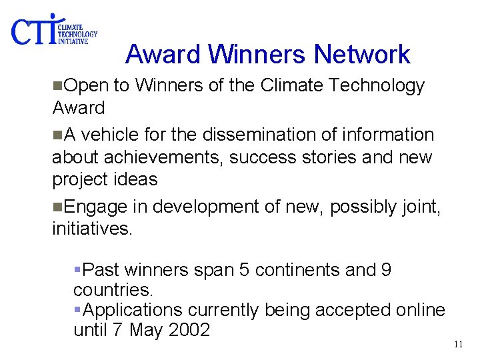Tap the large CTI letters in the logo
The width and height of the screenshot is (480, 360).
(x=33, y=30)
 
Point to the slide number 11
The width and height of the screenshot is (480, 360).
(x=457, y=345)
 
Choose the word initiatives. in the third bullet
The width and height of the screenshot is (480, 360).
(x=93, y=229)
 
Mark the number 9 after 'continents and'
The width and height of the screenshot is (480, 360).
(x=386, y=270)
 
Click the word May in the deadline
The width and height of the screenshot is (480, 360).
(x=144, y=329)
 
